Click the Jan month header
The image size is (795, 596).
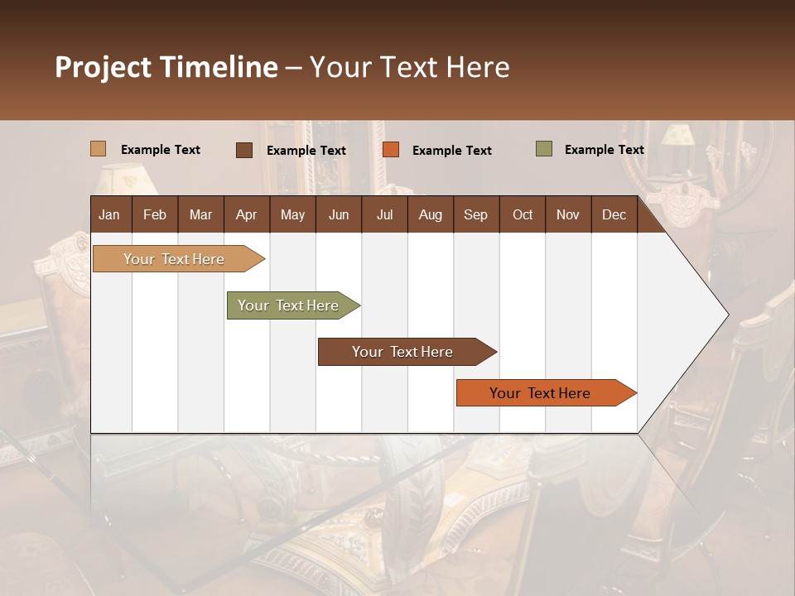[110, 214]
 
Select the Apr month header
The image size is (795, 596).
[247, 214]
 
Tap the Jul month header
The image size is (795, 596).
[384, 214]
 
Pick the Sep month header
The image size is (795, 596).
[475, 214]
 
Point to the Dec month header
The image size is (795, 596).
[614, 214]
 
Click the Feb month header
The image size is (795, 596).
[155, 214]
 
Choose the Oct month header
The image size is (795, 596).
[523, 214]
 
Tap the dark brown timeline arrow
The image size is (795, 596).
[403, 352]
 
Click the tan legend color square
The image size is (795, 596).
[99, 149]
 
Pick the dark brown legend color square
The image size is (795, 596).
[244, 150]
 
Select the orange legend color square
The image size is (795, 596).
[391, 150]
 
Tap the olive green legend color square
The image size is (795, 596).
[543, 149]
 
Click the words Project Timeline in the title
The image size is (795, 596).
[166, 67]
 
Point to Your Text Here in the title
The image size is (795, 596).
[409, 67]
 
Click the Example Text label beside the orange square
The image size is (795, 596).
[451, 151]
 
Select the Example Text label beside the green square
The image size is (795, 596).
[604, 150]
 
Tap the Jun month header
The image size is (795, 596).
[339, 214]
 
